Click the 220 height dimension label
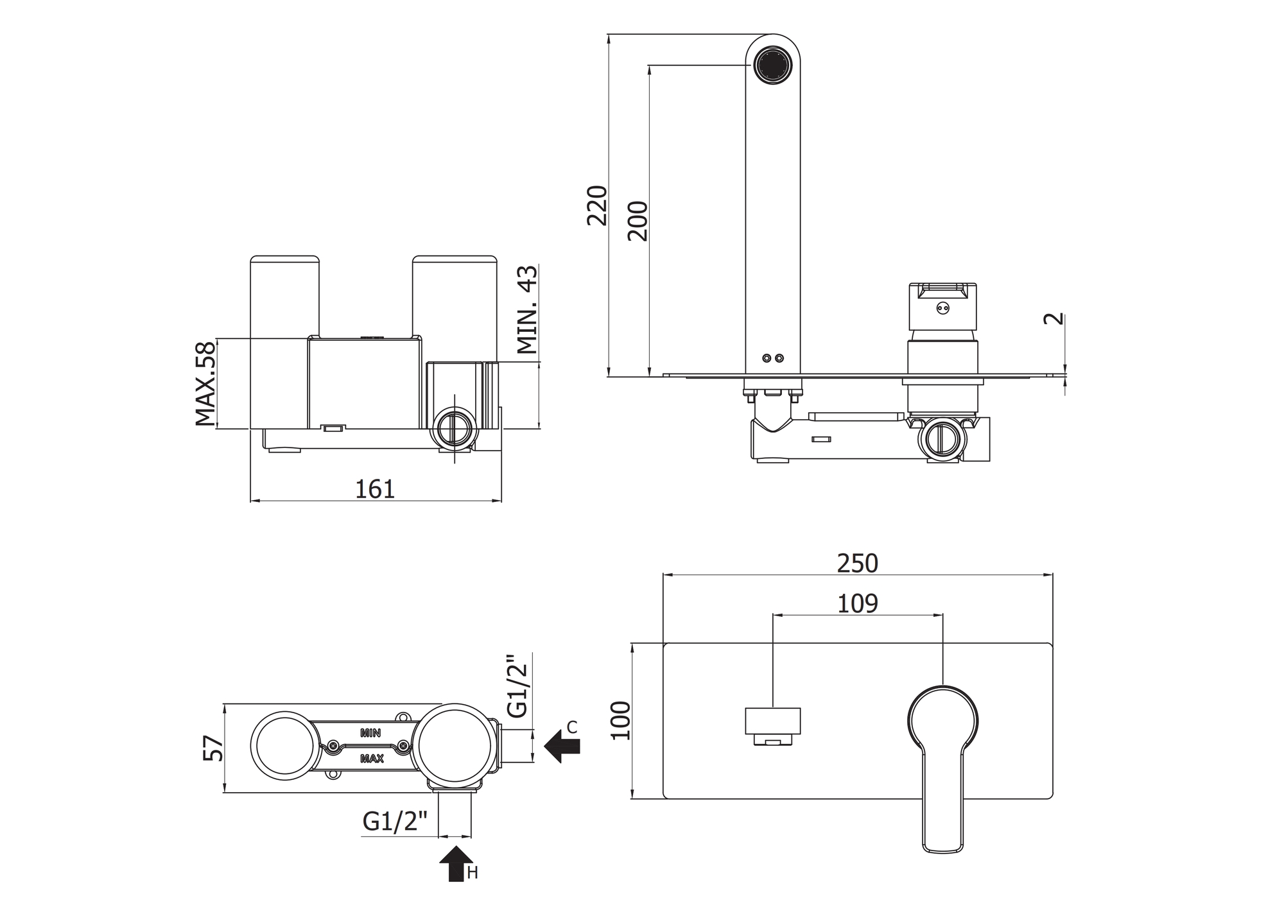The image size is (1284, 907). pyautogui.click(x=597, y=205)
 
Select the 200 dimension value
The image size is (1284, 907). pyautogui.click(x=638, y=221)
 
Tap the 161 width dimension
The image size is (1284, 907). pyautogui.click(x=375, y=489)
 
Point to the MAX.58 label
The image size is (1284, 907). pyautogui.click(x=205, y=383)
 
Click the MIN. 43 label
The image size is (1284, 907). pyautogui.click(x=528, y=309)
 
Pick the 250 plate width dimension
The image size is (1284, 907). pyautogui.click(x=858, y=564)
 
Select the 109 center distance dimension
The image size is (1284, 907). pyautogui.click(x=858, y=603)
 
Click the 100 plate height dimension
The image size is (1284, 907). pyautogui.click(x=621, y=720)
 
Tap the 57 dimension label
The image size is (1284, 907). pyautogui.click(x=214, y=748)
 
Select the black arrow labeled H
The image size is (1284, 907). pyautogui.click(x=456, y=863)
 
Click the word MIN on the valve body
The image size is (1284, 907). pyautogui.click(x=370, y=732)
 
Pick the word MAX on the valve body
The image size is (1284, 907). pyautogui.click(x=372, y=759)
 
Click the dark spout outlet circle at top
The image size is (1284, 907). pyautogui.click(x=772, y=64)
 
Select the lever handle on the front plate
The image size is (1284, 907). pyautogui.click(x=943, y=770)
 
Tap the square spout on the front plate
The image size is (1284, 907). pyautogui.click(x=772, y=723)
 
